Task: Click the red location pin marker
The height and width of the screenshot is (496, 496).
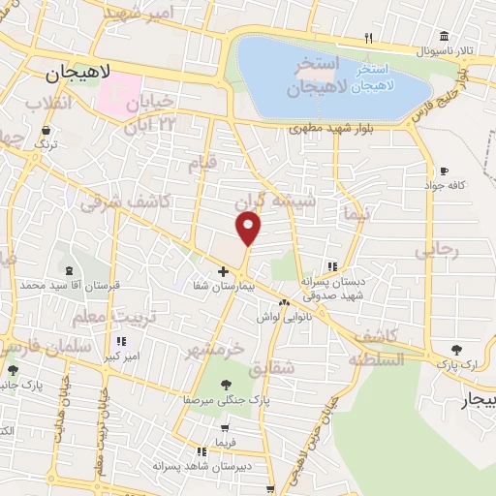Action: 249,229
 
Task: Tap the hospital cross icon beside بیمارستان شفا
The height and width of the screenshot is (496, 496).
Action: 223,271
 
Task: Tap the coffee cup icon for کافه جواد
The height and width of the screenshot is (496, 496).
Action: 444,170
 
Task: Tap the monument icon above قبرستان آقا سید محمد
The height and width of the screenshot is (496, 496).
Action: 69,271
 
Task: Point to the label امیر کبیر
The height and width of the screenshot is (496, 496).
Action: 120,356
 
